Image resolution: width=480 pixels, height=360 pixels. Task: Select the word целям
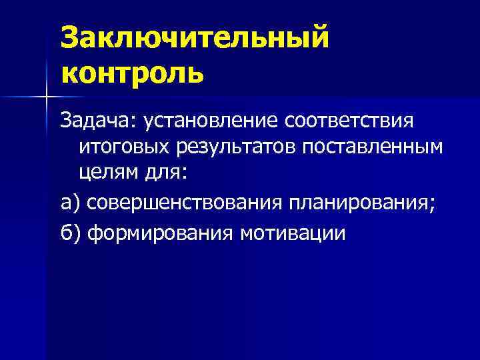[107, 172]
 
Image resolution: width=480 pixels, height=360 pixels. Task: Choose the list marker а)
[71, 202]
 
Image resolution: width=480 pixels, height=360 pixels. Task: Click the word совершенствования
[186, 202]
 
